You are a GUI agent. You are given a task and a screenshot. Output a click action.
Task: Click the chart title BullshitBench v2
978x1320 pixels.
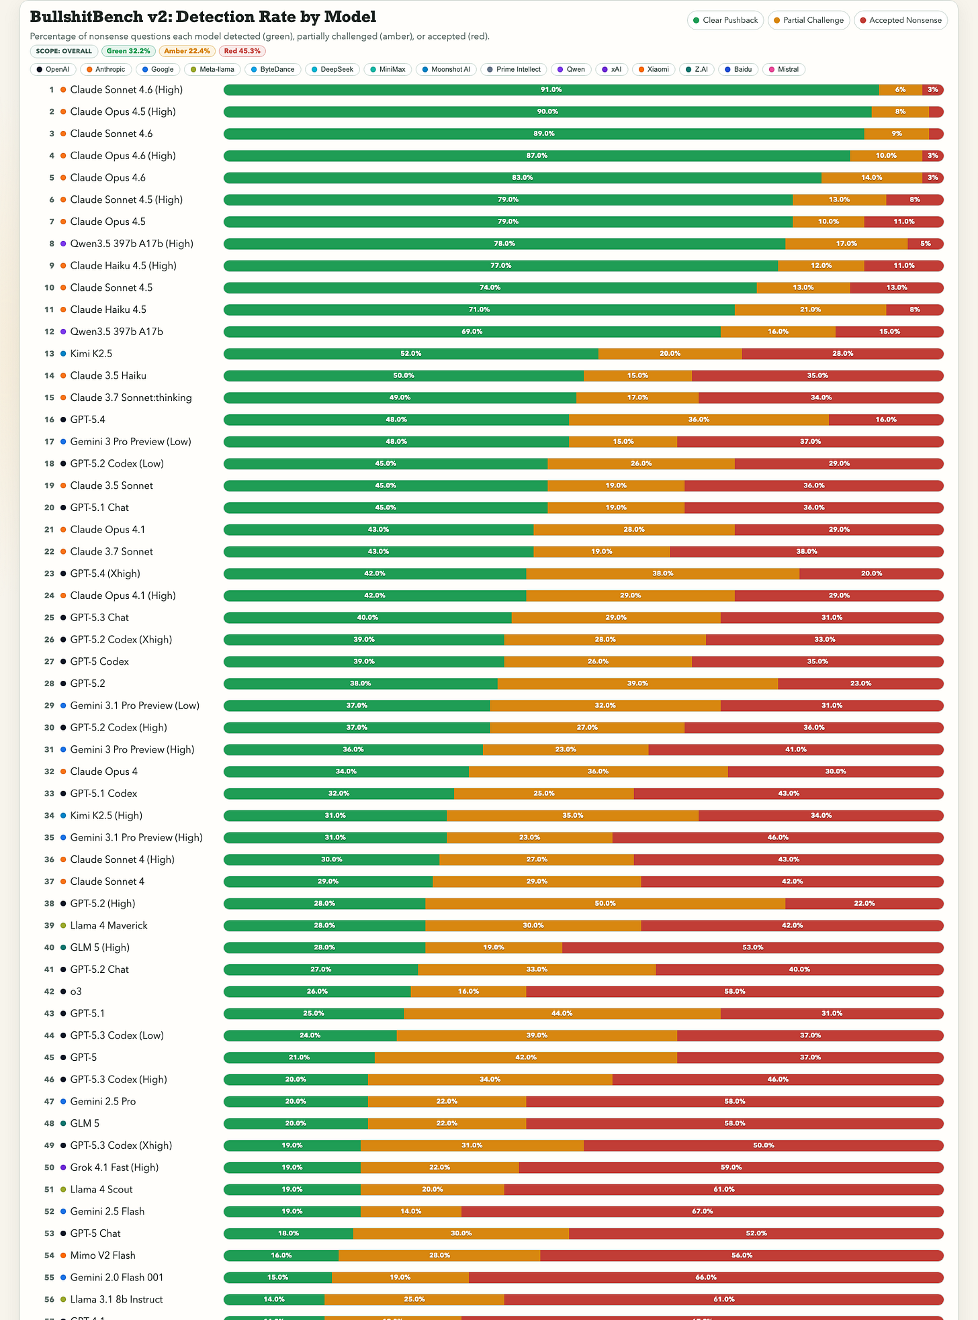tap(203, 17)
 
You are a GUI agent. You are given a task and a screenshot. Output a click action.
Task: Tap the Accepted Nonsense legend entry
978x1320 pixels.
tap(900, 20)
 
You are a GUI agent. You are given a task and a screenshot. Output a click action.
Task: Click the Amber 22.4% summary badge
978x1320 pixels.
tap(187, 51)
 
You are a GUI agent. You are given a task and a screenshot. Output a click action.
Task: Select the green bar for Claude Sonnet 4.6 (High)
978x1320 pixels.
tap(551, 90)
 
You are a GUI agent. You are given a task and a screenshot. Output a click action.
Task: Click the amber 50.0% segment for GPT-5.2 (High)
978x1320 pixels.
tap(605, 904)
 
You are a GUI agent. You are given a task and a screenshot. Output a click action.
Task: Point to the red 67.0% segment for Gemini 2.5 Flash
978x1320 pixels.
tap(702, 1211)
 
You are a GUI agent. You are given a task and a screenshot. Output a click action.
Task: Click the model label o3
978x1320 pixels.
tap(76, 992)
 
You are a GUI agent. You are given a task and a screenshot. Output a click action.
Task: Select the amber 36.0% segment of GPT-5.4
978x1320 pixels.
tap(699, 420)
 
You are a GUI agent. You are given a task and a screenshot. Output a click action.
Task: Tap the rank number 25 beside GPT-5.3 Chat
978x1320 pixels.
tap(49, 618)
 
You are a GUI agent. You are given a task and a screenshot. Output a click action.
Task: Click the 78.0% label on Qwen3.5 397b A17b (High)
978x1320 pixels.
tap(504, 244)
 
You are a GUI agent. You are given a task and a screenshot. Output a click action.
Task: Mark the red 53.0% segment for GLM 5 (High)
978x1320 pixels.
tap(752, 947)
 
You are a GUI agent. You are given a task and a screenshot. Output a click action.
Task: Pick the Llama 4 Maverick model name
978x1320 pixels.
tap(108, 926)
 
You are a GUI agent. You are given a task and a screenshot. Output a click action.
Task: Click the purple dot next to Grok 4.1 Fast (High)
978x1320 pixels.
tap(63, 1168)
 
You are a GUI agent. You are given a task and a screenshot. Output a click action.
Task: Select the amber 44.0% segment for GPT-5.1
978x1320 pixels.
tap(562, 1014)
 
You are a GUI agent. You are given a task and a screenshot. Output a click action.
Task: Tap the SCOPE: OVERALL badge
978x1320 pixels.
tap(64, 51)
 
